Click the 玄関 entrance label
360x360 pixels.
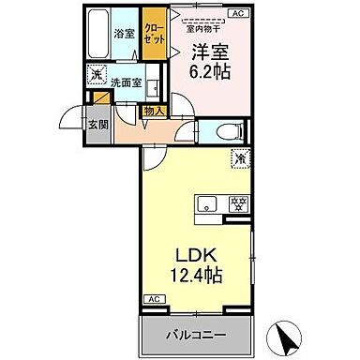(x=96, y=124)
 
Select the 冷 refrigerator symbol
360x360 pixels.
(x=240, y=160)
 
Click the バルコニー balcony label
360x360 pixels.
(x=198, y=335)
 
